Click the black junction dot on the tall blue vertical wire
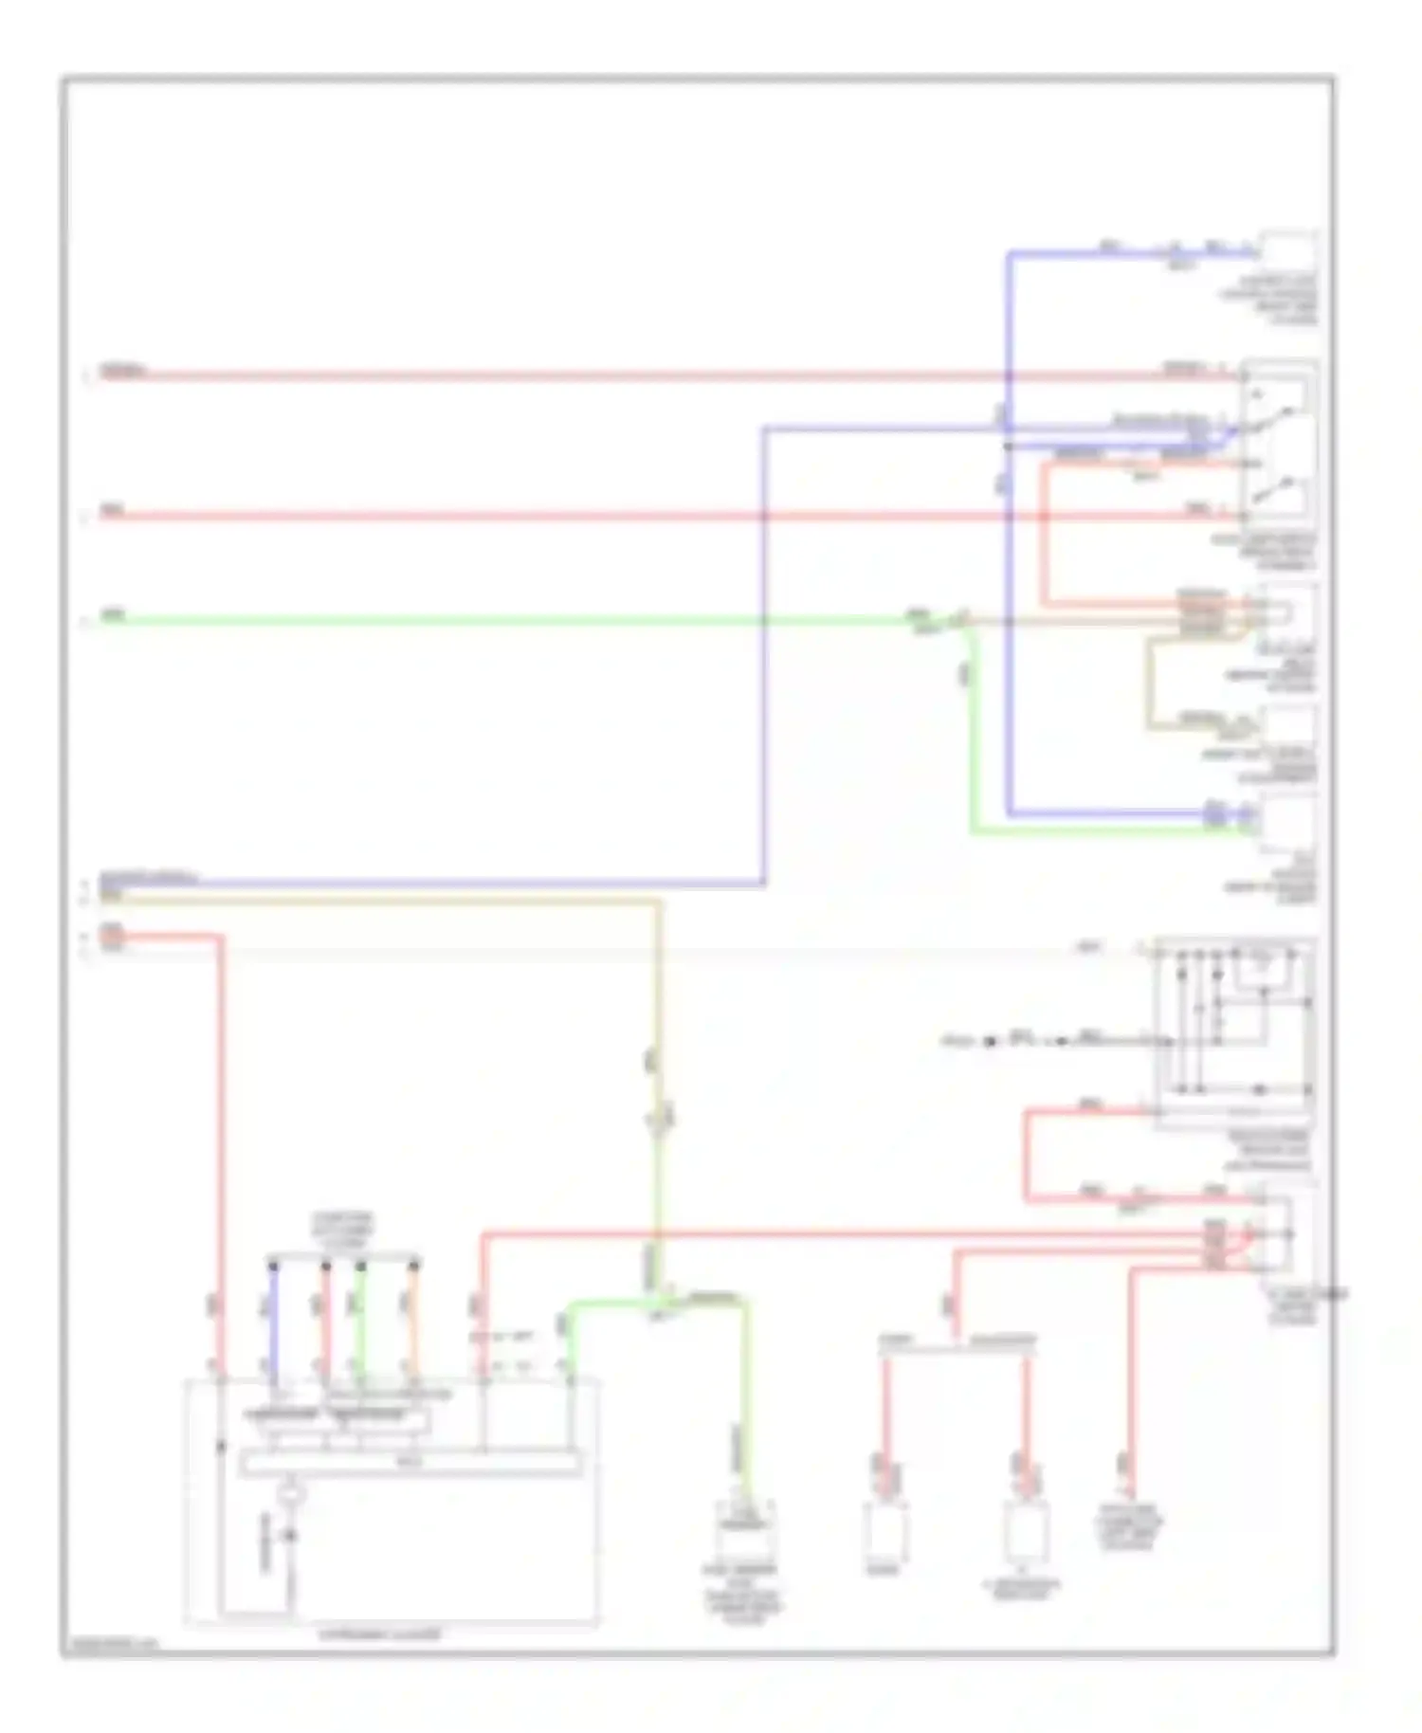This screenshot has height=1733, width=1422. [x=1009, y=446]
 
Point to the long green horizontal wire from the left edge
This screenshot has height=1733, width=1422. [x=474, y=622]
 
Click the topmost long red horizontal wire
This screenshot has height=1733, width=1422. [x=569, y=376]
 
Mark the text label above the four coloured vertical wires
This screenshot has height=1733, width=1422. [x=345, y=1227]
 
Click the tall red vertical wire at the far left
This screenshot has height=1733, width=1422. [x=221, y=1138]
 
